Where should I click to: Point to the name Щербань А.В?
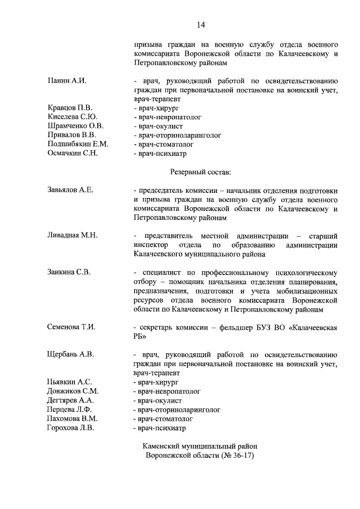click(x=70, y=354)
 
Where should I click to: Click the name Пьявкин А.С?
click(x=70, y=382)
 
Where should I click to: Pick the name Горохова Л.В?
click(x=71, y=427)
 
